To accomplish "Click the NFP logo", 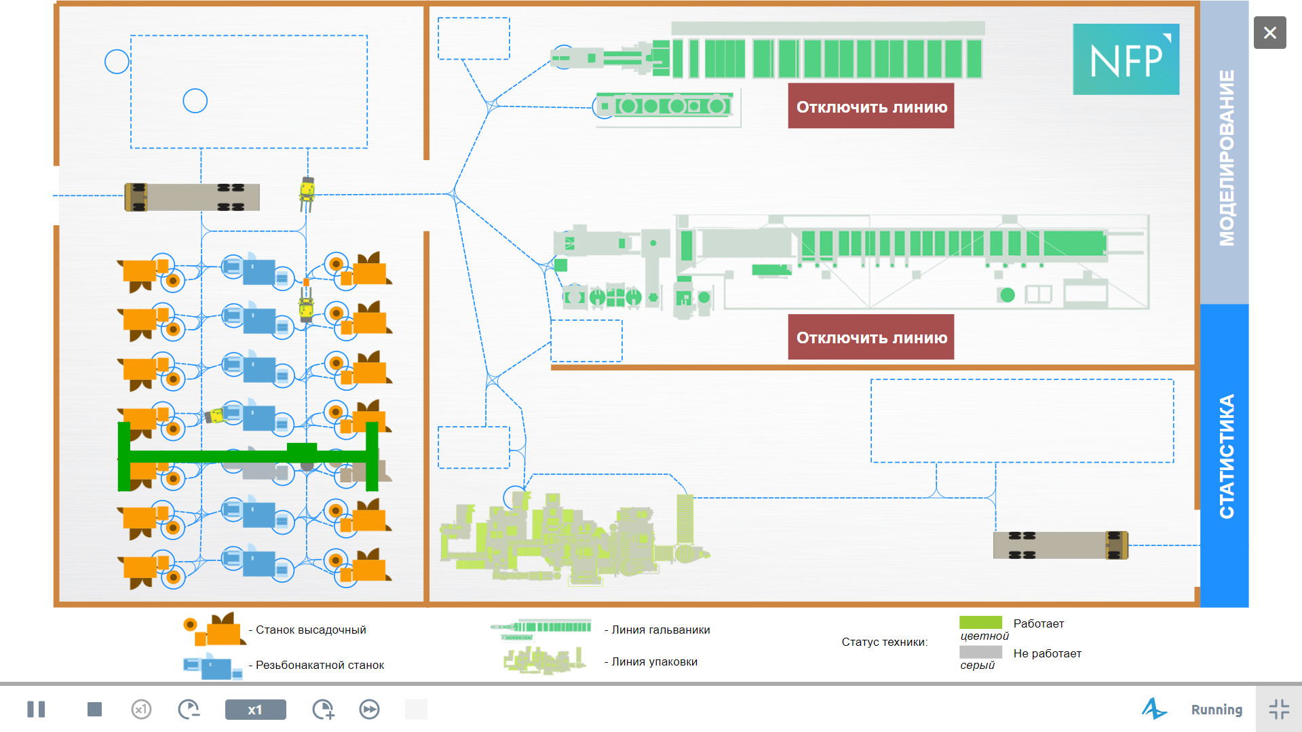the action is pyautogui.click(x=1126, y=59).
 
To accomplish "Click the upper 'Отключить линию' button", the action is pyautogui.click(x=871, y=106).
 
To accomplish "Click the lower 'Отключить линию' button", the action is pyautogui.click(x=871, y=336).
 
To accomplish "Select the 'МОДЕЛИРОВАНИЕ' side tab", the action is pyautogui.click(x=1225, y=153).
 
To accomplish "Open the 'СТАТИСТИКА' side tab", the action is pyautogui.click(x=1225, y=455).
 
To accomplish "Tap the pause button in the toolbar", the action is pyautogui.click(x=36, y=710).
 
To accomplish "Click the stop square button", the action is pyautogui.click(x=94, y=710).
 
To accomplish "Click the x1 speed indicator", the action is pyautogui.click(x=255, y=710).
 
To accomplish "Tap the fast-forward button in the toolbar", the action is pyautogui.click(x=369, y=710).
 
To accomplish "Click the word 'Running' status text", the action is pyautogui.click(x=1217, y=710).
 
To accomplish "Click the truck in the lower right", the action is pyautogui.click(x=1060, y=545).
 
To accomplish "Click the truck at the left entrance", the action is pyautogui.click(x=192, y=197).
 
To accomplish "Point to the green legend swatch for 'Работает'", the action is pyautogui.click(x=980, y=623).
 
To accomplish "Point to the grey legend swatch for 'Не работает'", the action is pyautogui.click(x=980, y=652).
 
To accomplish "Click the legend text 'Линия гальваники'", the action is pyautogui.click(x=661, y=630).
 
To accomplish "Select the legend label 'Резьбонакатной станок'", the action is pyautogui.click(x=320, y=665).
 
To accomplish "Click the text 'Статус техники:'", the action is pyautogui.click(x=885, y=642).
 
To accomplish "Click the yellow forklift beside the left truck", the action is pyautogui.click(x=307, y=193).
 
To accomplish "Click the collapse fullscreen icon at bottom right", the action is pyautogui.click(x=1279, y=710).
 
